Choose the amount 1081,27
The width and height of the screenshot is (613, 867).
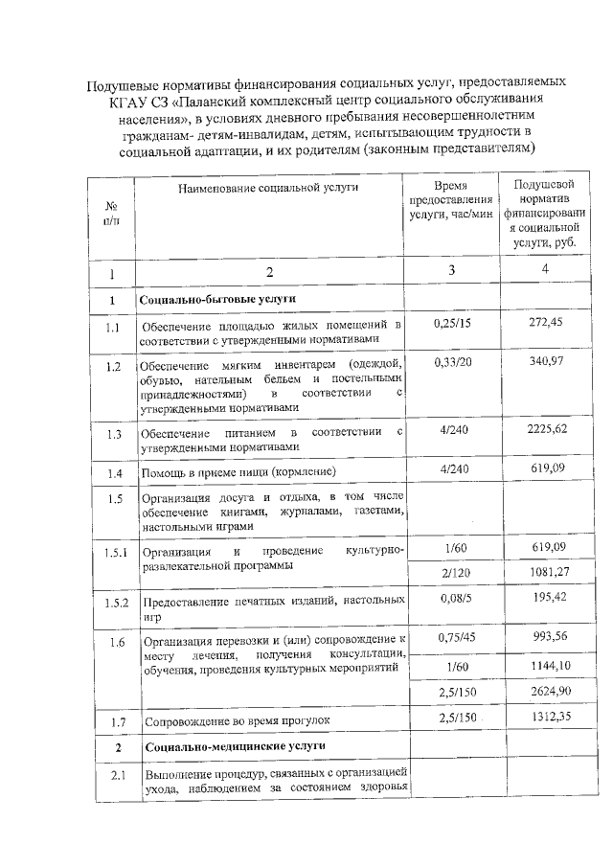point(545,572)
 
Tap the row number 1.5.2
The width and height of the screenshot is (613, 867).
point(115,603)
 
